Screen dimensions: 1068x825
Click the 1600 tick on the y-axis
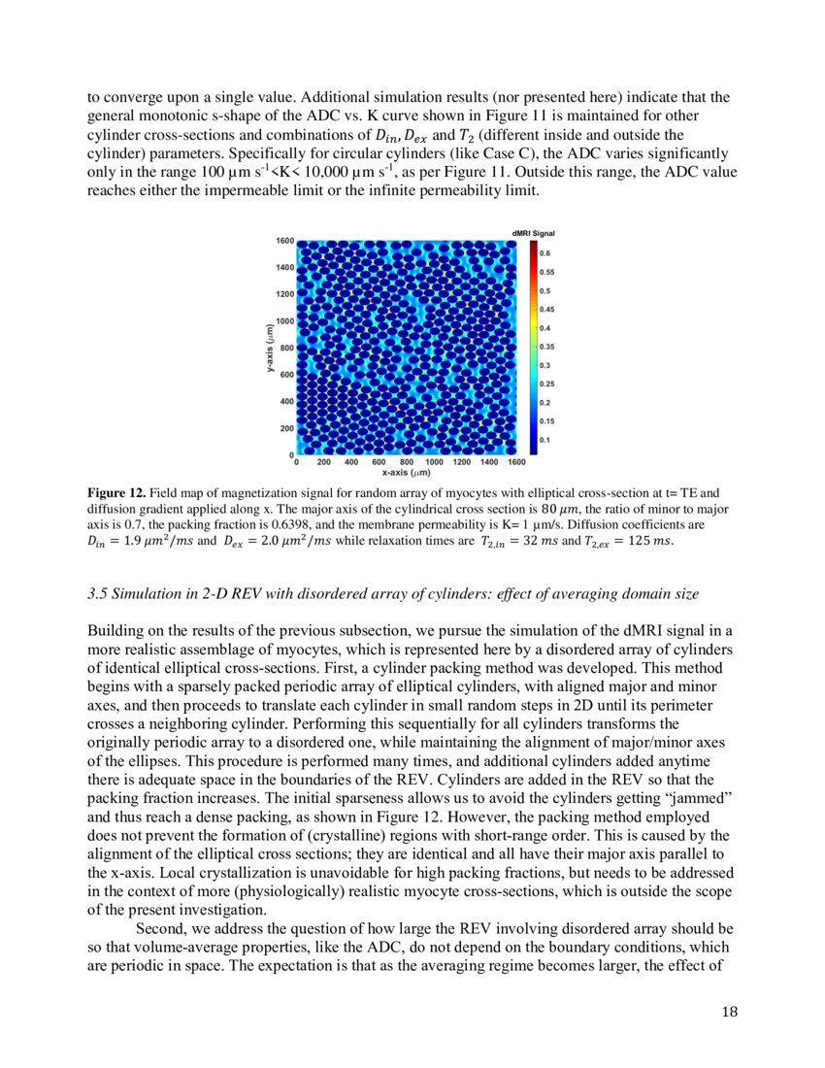283,240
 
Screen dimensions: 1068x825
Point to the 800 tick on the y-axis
285,347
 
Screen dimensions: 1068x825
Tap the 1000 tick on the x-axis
433,463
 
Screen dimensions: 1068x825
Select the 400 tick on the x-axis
350,463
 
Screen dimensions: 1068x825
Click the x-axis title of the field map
406,474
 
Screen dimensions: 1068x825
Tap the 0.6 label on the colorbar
544,253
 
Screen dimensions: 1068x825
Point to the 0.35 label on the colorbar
546,347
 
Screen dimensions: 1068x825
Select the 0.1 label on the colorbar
544,440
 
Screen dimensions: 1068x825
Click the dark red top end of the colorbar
532,244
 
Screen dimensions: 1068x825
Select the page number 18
729,1012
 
